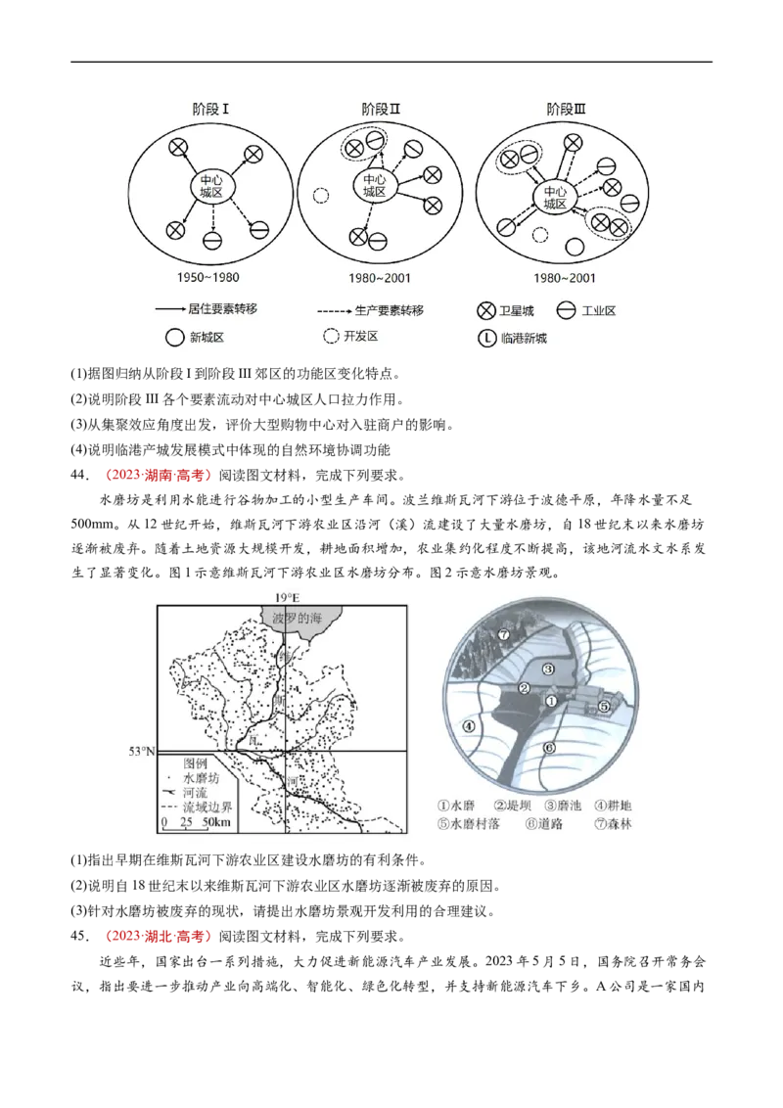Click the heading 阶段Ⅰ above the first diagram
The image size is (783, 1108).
click(212, 109)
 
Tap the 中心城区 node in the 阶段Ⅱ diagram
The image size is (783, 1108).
click(375, 185)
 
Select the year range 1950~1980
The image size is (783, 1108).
click(212, 278)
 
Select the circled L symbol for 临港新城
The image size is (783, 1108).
click(486, 339)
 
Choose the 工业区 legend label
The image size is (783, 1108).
click(598, 311)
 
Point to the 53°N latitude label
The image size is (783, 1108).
click(143, 751)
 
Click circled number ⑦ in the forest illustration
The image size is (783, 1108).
click(503, 634)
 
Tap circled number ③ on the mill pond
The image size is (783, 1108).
click(549, 669)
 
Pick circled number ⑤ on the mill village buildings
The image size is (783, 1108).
click(604, 705)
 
